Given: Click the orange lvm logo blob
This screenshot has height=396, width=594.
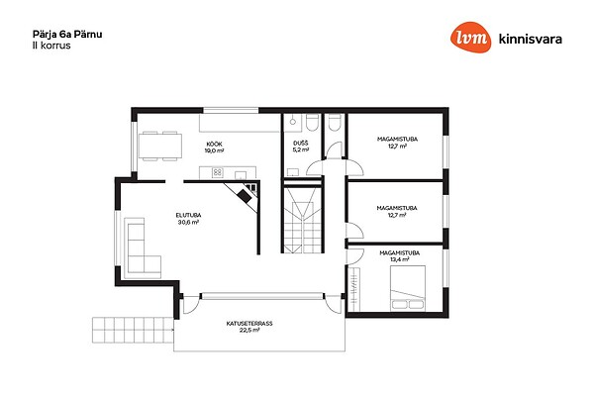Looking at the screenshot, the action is click(471, 38).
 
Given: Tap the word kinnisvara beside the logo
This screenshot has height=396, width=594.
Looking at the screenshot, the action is click(531, 39).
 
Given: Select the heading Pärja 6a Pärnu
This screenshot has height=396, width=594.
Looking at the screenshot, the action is click(67, 35).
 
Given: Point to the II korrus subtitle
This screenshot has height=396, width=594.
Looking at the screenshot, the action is click(51, 46).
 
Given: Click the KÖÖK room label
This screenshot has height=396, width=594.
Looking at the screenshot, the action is click(215, 144).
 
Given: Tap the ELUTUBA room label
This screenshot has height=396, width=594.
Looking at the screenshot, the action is click(189, 215).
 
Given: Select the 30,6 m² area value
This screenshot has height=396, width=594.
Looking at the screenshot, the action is click(189, 223).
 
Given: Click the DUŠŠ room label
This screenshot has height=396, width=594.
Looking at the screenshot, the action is click(301, 143).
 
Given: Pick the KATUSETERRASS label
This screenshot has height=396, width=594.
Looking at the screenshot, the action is click(249, 324).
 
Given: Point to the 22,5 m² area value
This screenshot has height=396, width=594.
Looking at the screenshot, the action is click(249, 331).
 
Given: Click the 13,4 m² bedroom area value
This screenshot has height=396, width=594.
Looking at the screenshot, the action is click(400, 259).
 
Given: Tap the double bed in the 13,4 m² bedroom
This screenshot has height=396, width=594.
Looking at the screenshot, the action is click(408, 288).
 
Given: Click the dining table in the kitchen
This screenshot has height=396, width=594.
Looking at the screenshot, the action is click(159, 146).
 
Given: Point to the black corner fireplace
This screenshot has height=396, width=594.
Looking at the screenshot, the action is click(245, 196).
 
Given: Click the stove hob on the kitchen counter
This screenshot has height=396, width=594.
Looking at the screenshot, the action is click(217, 173).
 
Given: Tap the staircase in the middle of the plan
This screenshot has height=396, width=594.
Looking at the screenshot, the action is click(303, 220).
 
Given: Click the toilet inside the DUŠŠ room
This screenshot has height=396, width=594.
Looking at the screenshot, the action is click(312, 123).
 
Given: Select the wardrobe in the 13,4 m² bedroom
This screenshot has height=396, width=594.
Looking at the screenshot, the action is click(353, 289).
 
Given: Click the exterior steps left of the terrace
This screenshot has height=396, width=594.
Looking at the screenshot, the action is click(133, 330).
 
